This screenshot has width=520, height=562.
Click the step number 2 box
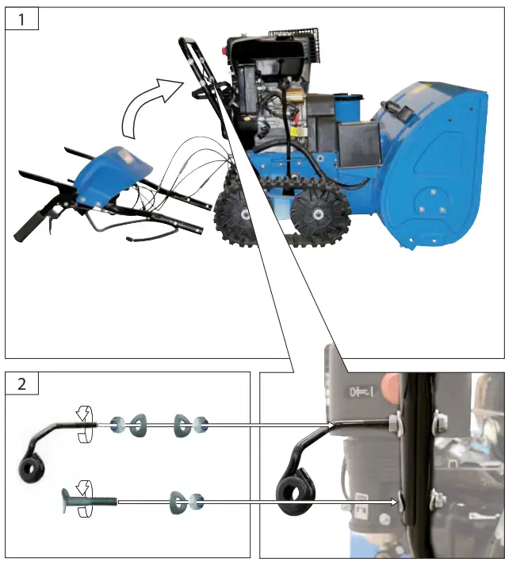click(x=22, y=384)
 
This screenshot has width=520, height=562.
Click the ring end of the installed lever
click(x=296, y=493)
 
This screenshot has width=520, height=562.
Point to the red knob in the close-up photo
click(x=388, y=388)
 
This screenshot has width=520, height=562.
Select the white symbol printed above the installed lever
click(x=360, y=391)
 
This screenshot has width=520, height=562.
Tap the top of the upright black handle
click(x=189, y=41)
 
